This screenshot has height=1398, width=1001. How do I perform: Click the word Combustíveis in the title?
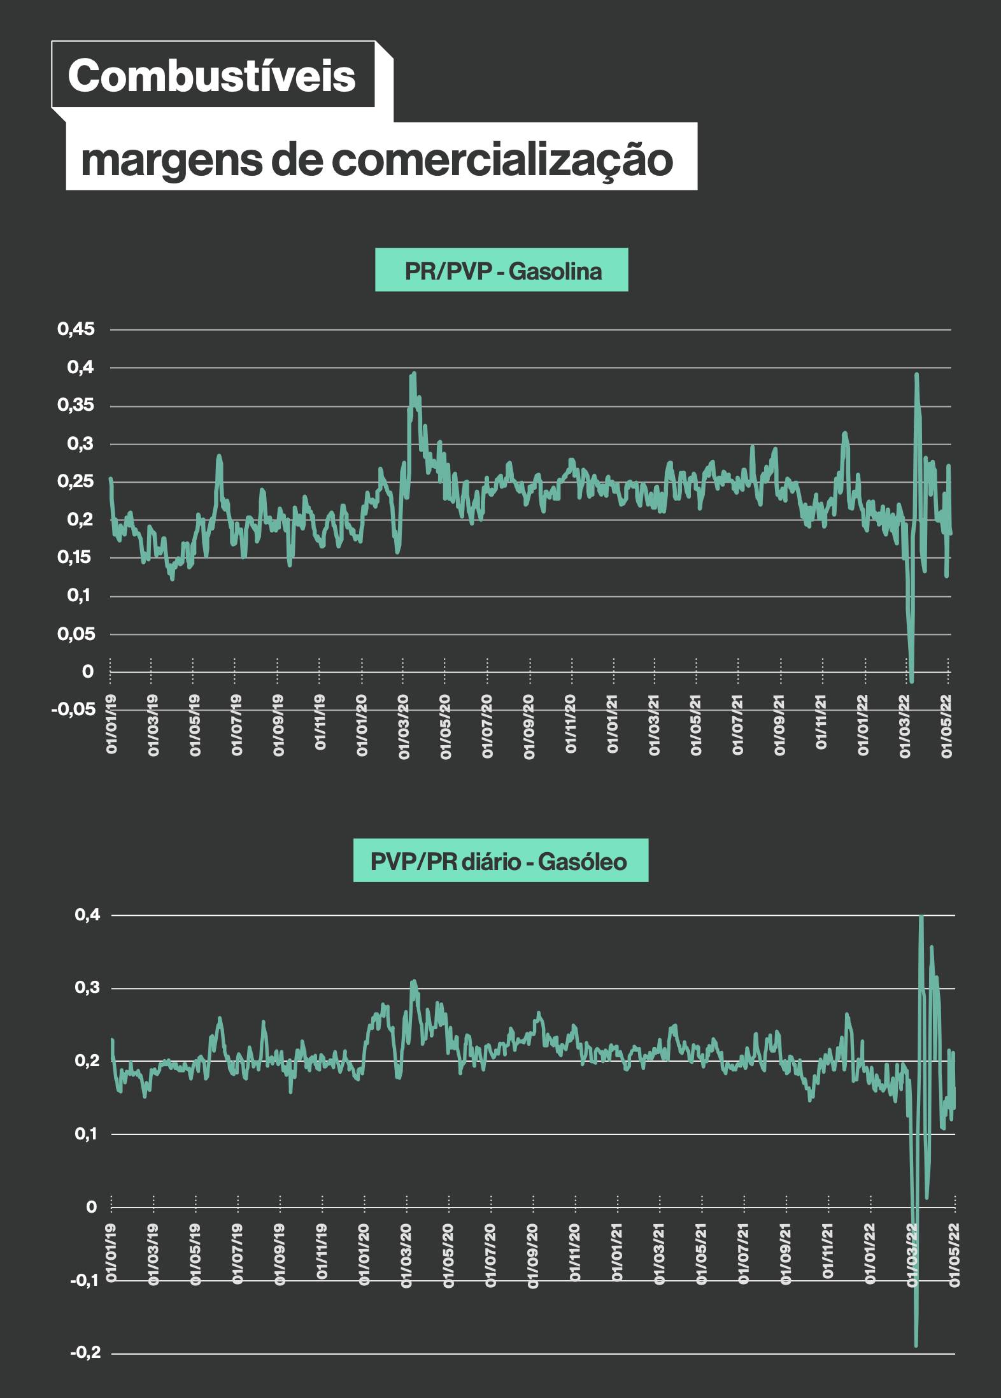pyautogui.click(x=211, y=76)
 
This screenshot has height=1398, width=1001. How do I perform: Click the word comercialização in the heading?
pyautogui.click(x=502, y=159)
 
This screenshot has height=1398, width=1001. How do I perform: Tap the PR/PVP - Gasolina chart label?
pyautogui.click(x=502, y=271)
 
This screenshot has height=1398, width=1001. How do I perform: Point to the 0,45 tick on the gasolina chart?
pyautogui.click(x=76, y=329)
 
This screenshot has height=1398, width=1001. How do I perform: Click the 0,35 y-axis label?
pyautogui.click(x=76, y=405)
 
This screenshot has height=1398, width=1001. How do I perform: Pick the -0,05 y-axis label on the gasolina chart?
pyautogui.click(x=73, y=709)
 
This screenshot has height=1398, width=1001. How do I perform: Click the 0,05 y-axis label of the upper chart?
pyautogui.click(x=76, y=634)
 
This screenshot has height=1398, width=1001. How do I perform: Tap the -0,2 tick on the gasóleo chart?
pyautogui.click(x=86, y=1352)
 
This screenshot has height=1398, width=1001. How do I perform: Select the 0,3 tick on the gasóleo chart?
pyautogui.click(x=88, y=988)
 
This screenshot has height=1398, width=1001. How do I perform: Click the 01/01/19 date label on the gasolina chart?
pyautogui.click(x=111, y=725)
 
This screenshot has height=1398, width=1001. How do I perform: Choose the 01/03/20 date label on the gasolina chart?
pyautogui.click(x=404, y=725)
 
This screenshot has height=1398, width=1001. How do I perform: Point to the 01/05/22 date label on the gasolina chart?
pyautogui.click(x=947, y=725)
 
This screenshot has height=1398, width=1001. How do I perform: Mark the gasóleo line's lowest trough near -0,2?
pyautogui.click(x=916, y=1345)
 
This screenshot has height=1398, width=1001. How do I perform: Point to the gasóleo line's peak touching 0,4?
pyautogui.click(x=921, y=916)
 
